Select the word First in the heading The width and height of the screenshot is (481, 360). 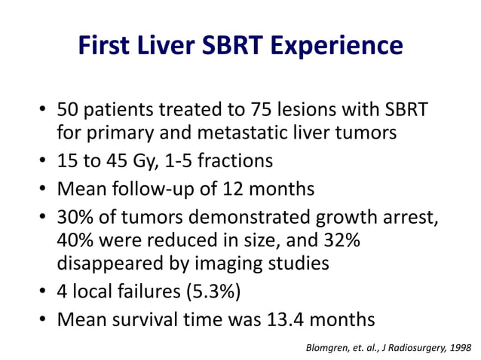(104, 47)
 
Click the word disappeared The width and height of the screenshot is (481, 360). (109, 264)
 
